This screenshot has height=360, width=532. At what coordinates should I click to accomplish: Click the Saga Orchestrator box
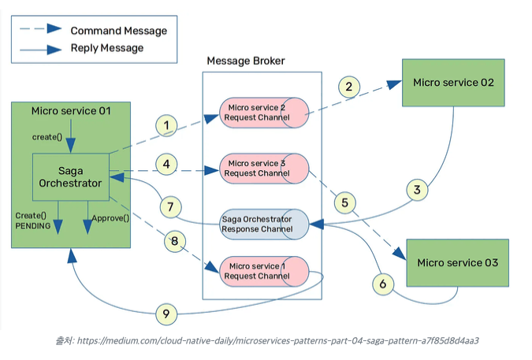[x=70, y=177]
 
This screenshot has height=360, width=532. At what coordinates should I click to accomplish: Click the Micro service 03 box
[x=457, y=262]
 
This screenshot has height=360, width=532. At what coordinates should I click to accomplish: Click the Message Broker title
[x=245, y=61]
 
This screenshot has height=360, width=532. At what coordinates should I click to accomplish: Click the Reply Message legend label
[x=106, y=48]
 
